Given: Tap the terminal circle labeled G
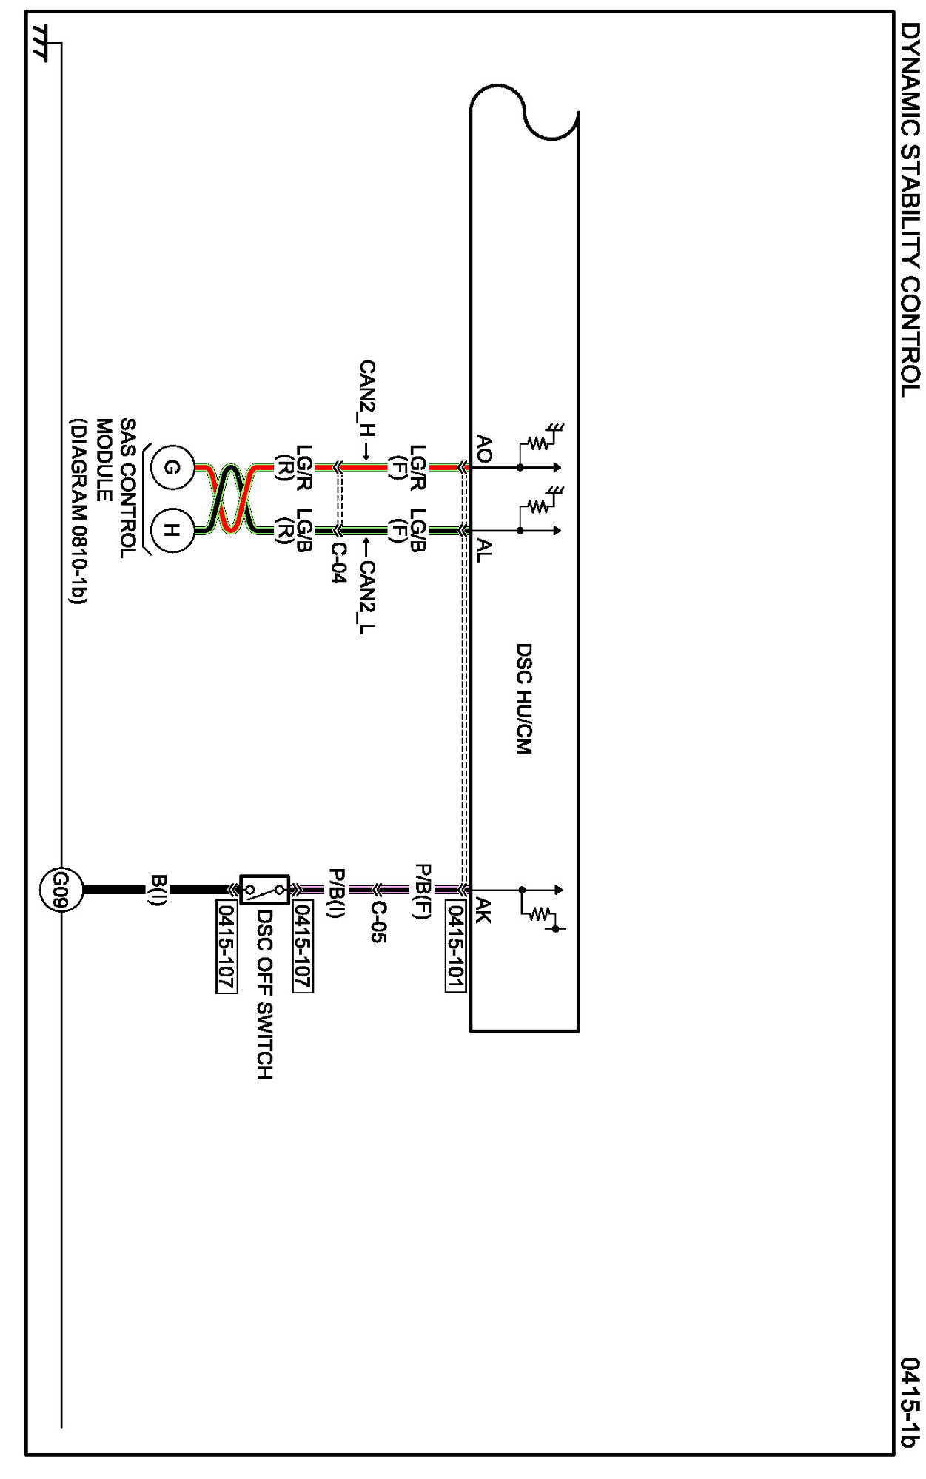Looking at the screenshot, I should point(172,467).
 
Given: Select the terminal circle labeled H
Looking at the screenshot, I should point(172,530).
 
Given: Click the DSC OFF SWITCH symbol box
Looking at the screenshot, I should point(264,889).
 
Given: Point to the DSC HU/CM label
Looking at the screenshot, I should point(523,698).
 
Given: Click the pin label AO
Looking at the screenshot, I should point(483,449).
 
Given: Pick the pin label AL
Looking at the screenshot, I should point(483,550).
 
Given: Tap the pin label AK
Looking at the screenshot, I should point(483,910).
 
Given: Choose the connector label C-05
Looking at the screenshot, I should point(378,922).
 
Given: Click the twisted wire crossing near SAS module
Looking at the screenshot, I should point(231,499).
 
